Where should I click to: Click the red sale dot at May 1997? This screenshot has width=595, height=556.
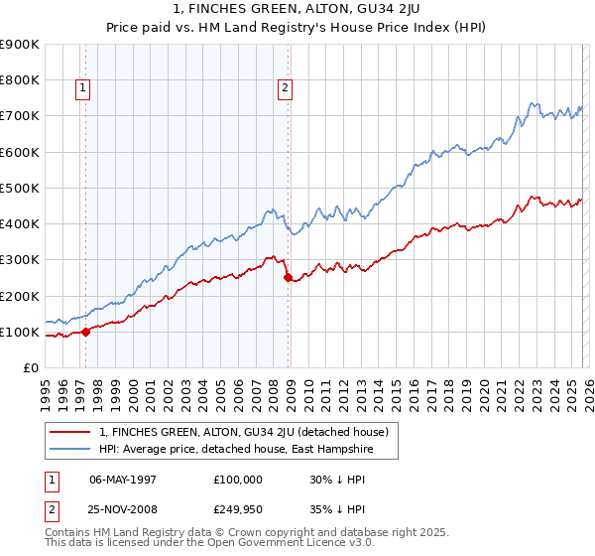point(85,332)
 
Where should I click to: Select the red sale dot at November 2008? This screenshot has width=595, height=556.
point(289,278)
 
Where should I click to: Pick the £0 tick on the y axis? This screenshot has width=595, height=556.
point(32,368)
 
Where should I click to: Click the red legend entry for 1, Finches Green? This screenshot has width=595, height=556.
point(249,432)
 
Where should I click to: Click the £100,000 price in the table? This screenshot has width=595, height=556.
point(238,479)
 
